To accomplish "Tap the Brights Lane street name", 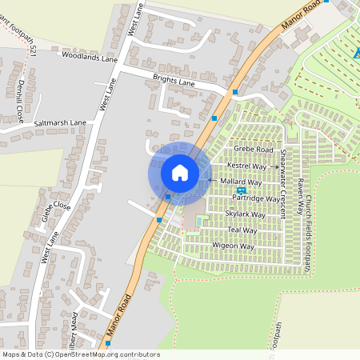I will point(174,81).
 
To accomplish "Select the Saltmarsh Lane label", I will point(59,123).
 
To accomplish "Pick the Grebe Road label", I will point(253,150).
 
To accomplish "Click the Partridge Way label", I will point(256,198).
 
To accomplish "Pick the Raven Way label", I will point(298,194).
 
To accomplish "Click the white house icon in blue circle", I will point(180,172).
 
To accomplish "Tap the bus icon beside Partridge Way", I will point(241,190).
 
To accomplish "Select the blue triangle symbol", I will point(355,54).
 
